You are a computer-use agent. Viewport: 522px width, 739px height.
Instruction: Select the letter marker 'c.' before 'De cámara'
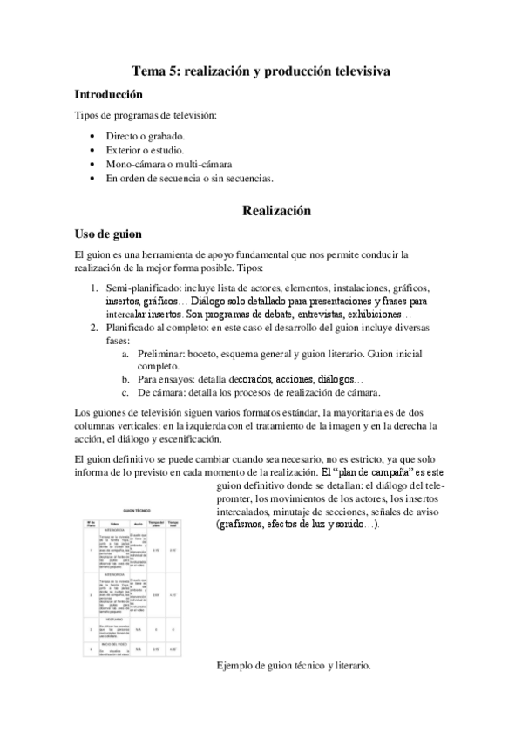[126, 393]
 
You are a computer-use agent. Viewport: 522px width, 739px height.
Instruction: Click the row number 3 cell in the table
[90, 628]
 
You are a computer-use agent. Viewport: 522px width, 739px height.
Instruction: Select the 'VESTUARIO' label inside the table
[117, 619]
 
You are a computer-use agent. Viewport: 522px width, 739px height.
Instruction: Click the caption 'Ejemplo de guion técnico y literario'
[294, 666]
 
